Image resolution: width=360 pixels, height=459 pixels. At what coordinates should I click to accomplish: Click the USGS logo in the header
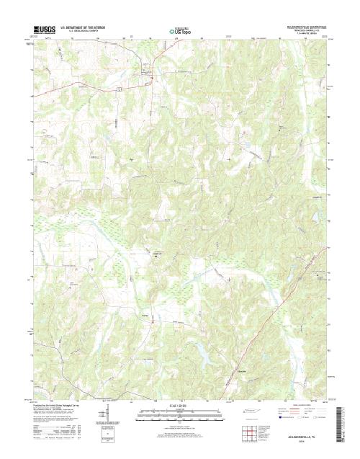click(43, 30)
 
